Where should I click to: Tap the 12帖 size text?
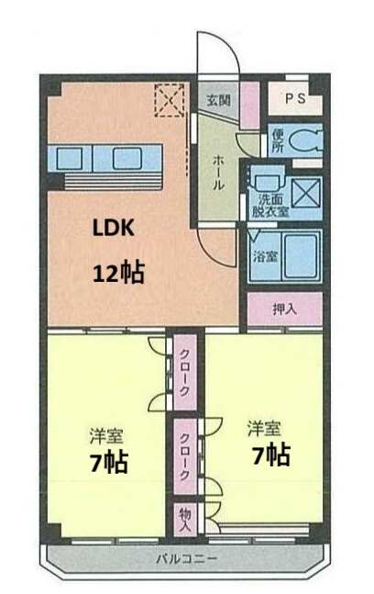[x=118, y=273]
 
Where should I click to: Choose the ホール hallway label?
[x=217, y=172]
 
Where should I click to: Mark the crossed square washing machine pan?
[x=306, y=195]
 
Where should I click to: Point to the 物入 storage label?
[x=183, y=521]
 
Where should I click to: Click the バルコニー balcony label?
[x=186, y=558]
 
